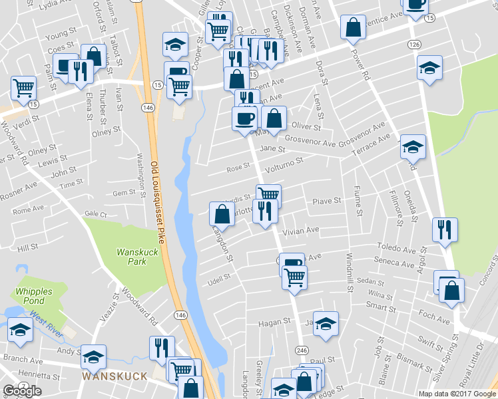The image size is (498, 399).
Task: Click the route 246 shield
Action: click(301, 349)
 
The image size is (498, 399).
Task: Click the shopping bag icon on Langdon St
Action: click(222, 213)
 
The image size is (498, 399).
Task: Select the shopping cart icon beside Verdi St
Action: click(23, 86)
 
